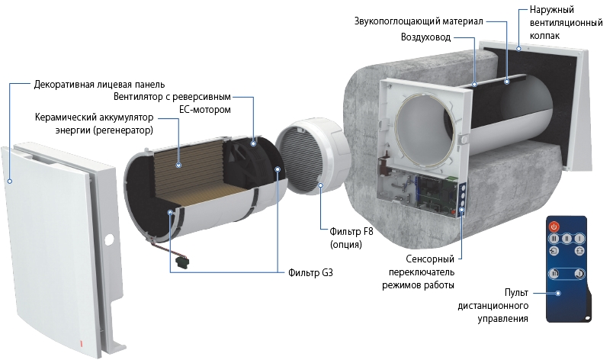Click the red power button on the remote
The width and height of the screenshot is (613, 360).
tap(554, 227)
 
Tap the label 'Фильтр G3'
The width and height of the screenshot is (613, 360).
tap(310, 272)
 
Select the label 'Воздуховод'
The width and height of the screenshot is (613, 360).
tap(425, 37)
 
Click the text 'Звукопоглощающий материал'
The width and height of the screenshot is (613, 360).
tap(419, 21)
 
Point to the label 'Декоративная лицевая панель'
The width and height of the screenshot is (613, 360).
tap(99, 85)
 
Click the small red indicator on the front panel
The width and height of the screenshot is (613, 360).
tap(81, 344)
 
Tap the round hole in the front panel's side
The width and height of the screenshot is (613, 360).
tap(109, 238)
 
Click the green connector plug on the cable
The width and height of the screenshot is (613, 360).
tap(181, 261)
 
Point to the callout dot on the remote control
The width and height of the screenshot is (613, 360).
tap(558, 293)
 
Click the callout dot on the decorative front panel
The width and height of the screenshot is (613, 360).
tap(10, 182)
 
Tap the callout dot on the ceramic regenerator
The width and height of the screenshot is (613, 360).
tap(178, 165)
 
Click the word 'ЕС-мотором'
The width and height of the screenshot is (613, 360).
tap(205, 110)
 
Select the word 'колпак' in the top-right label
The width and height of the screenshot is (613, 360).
tap(544, 36)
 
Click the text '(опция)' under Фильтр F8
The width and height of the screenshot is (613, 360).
tap(346, 245)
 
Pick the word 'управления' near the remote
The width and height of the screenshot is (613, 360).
tap(502, 319)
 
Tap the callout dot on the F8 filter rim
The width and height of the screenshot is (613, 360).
tap(320, 185)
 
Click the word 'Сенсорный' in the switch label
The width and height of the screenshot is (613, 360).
tap(430, 259)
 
